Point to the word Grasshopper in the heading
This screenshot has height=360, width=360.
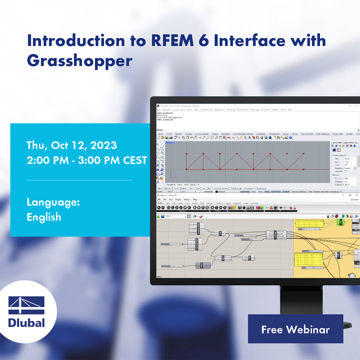click(79, 61)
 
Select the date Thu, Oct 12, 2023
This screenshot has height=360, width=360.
click(72, 145)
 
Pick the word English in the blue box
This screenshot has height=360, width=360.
click(44, 217)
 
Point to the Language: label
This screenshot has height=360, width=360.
click(53, 202)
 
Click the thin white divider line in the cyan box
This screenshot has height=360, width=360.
click(79, 180)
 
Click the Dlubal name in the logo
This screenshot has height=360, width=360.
click(27, 323)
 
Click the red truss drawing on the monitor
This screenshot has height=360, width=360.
click(245, 161)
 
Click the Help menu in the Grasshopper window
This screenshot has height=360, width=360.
click(195, 200)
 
